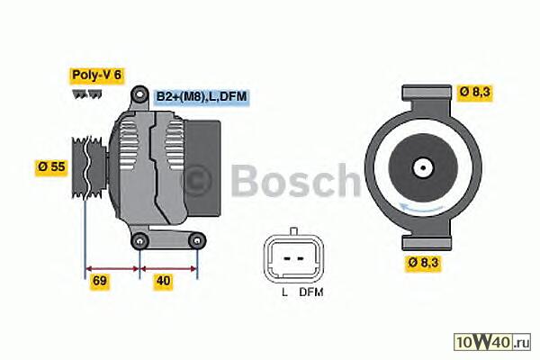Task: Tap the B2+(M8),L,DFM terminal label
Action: point(200,96)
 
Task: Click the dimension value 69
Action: point(102,281)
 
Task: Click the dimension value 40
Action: point(163,281)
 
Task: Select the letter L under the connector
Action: point(283,293)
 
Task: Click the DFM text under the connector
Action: point(310,293)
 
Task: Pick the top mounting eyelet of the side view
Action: point(139,94)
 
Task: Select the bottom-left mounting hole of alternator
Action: point(139,240)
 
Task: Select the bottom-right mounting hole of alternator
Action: point(197,240)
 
